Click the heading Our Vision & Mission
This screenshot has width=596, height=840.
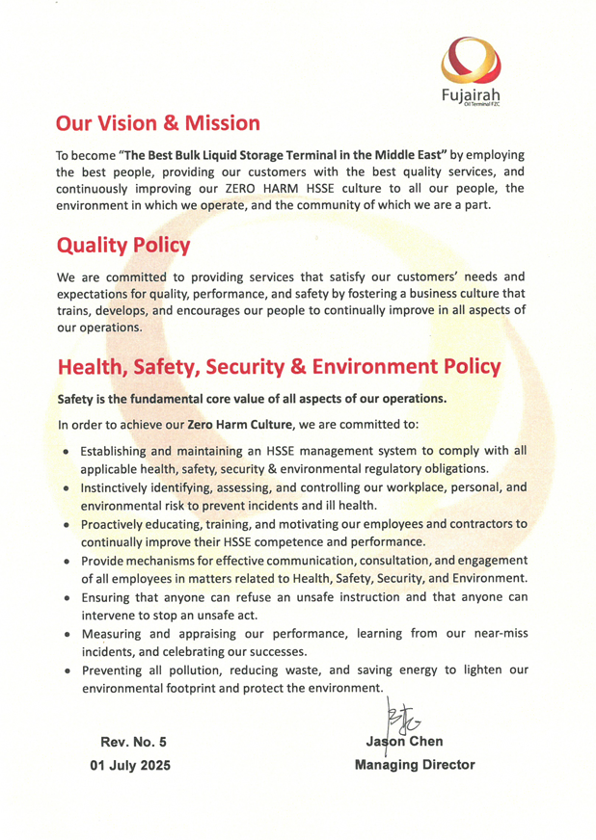pos(158,123)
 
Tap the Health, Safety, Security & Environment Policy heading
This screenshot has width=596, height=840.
pos(280,367)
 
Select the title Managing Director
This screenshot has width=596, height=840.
pos(415,765)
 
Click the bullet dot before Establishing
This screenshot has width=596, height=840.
pos(64,451)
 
